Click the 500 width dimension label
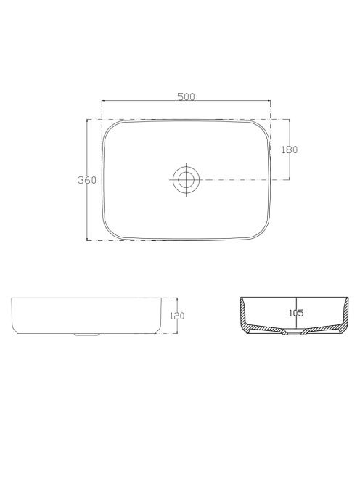(x=186, y=97)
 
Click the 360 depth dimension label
(x=87, y=180)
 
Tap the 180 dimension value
(x=290, y=150)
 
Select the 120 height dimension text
(x=177, y=316)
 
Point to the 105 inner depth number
(x=296, y=314)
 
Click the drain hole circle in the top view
(x=186, y=179)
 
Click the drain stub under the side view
(x=87, y=334)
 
